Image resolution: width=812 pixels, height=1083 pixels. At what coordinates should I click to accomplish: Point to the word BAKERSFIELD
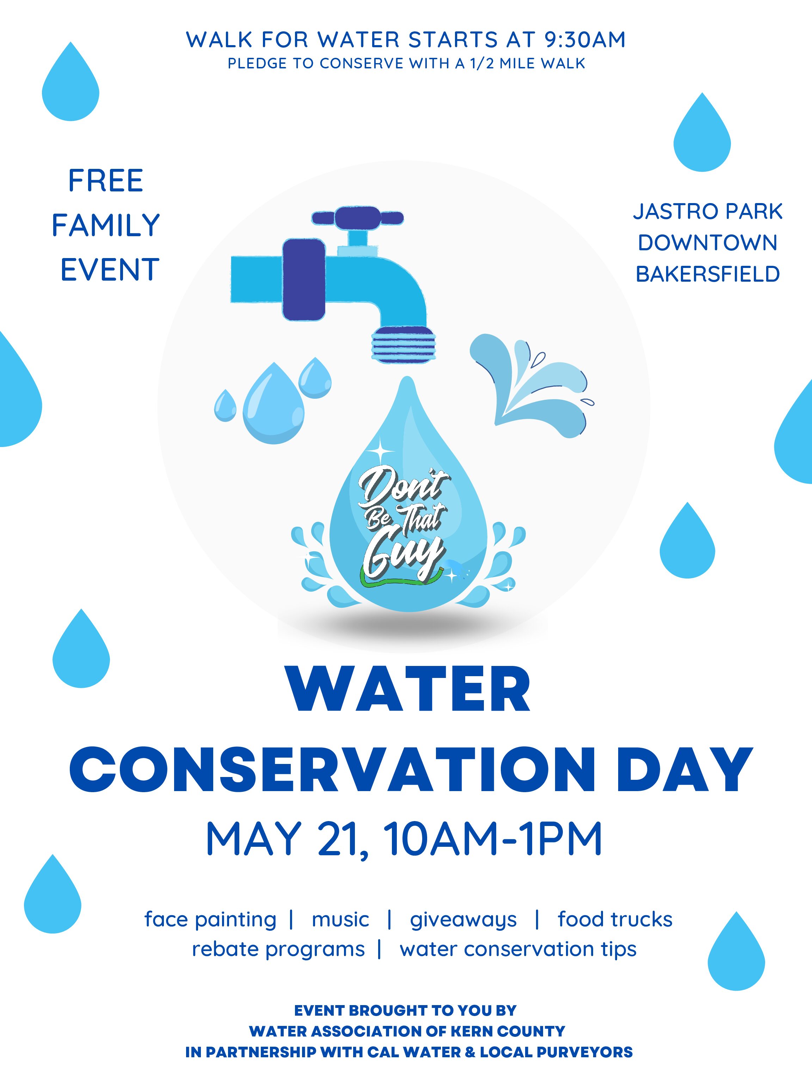(707, 274)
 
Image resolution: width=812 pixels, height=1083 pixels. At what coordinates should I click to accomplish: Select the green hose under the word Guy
(401, 580)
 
